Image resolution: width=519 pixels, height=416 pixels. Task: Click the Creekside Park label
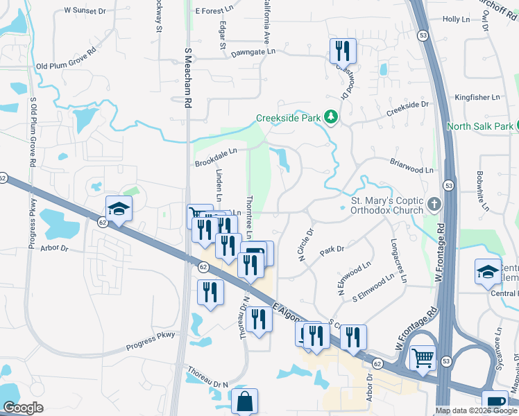(x=288, y=118)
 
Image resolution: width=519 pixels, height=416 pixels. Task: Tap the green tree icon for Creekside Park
(x=332, y=117)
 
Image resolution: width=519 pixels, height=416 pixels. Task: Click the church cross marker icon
(x=434, y=204)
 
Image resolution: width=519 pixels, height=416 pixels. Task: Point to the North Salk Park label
(x=479, y=126)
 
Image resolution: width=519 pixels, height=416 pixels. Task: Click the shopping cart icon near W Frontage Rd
(x=423, y=358)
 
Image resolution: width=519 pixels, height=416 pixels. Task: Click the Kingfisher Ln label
(x=477, y=98)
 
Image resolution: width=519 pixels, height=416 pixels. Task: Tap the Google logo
(x=24, y=408)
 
